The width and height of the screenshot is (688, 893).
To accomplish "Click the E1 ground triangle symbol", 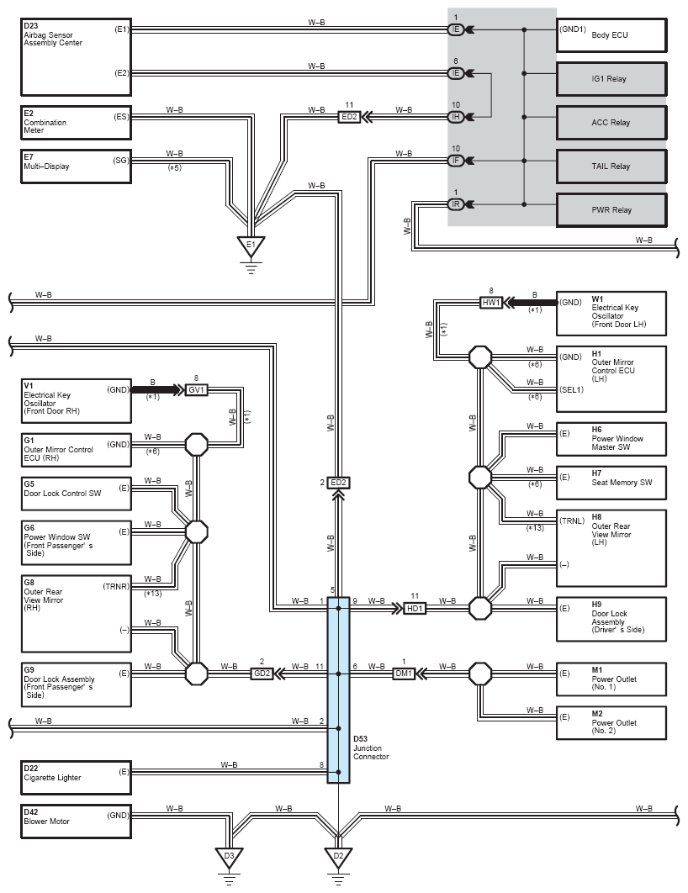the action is (x=251, y=246).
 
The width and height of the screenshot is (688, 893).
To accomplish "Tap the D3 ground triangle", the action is (x=229, y=857).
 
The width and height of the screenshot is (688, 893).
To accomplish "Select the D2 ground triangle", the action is (x=338, y=857).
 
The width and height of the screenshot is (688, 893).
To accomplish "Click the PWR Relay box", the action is (x=611, y=210).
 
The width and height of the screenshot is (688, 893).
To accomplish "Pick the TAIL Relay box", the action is (x=611, y=166).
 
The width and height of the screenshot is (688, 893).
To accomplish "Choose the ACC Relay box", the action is (x=611, y=123).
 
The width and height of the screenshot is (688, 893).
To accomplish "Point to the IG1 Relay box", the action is (x=611, y=78).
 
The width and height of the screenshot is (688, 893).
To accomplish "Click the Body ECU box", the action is (x=611, y=35).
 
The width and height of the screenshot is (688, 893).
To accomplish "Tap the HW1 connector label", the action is (x=491, y=303).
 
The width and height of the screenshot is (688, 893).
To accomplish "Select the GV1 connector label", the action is (x=197, y=390).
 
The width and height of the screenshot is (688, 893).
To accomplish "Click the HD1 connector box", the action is (x=415, y=609).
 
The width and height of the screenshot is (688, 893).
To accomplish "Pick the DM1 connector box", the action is (x=404, y=674).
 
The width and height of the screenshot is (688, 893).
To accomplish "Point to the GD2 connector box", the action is (x=262, y=674).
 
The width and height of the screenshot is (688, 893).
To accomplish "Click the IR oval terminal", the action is (x=456, y=203).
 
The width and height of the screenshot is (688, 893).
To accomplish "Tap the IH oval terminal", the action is (x=456, y=117).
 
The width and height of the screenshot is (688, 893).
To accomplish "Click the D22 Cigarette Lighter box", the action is (x=77, y=778).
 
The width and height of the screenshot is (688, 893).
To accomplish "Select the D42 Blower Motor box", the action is (x=77, y=822).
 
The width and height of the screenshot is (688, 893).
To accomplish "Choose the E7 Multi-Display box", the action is (x=77, y=166).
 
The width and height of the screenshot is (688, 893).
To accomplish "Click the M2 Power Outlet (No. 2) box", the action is (x=611, y=723).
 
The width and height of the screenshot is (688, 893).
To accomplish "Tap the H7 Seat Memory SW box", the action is (x=611, y=483).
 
